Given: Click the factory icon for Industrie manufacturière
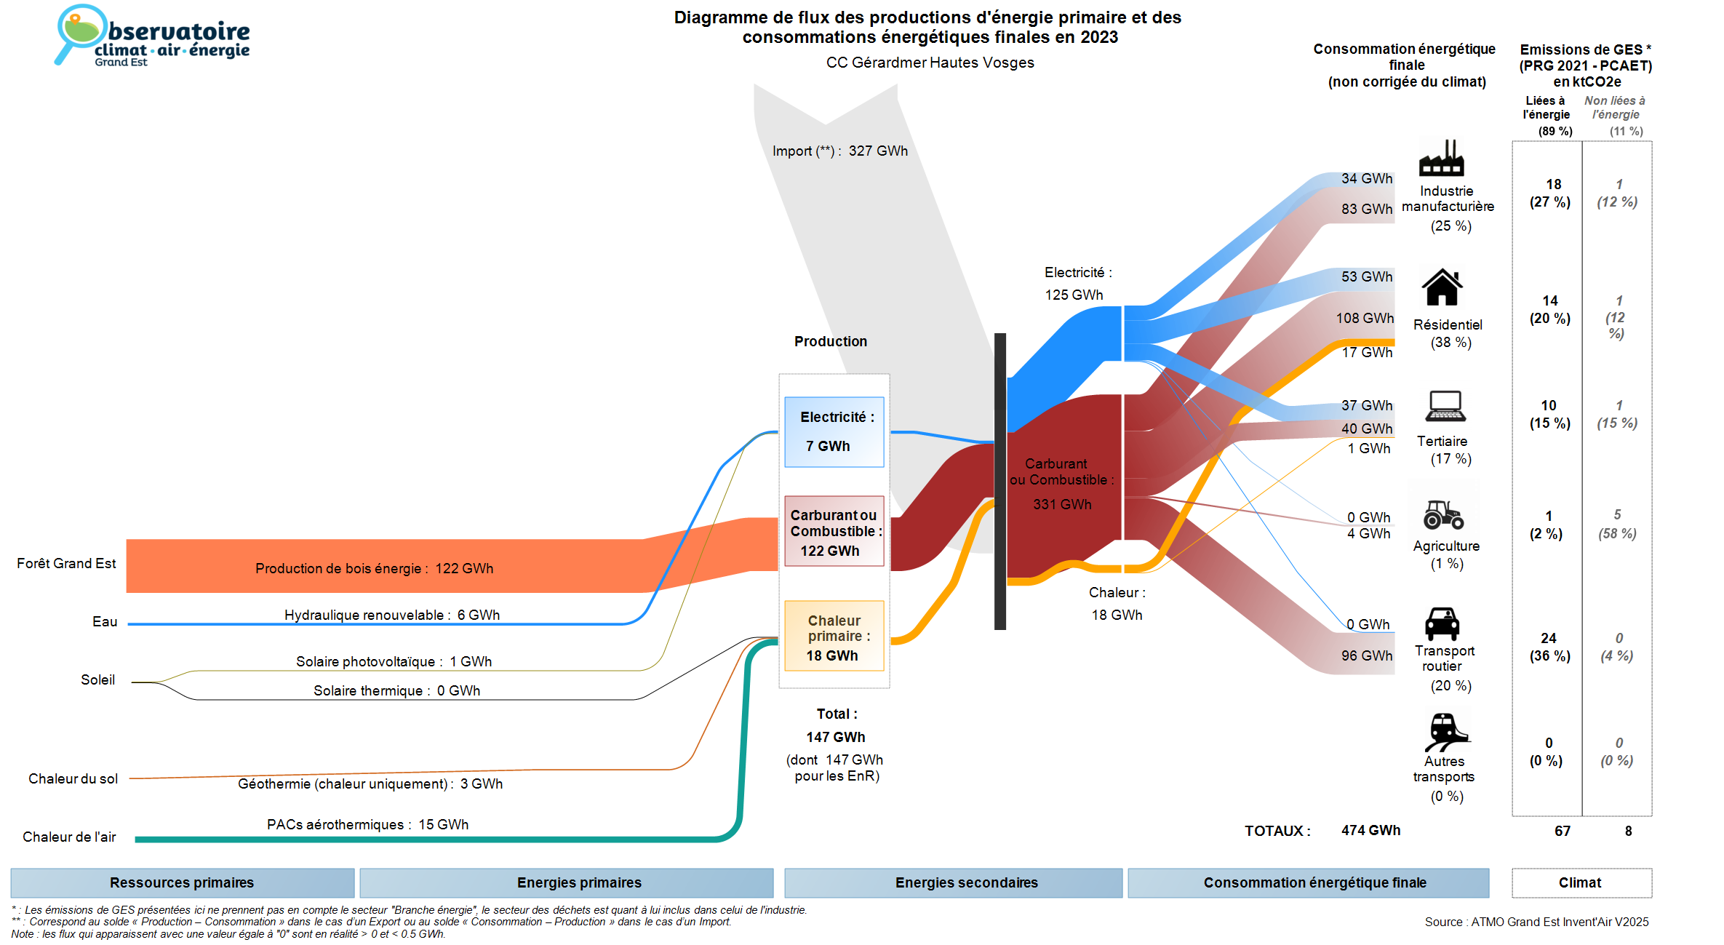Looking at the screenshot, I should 1441,158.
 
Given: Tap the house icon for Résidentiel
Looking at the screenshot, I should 1442,287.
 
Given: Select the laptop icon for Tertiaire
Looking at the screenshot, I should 1445,406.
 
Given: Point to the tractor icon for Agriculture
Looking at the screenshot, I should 1443,514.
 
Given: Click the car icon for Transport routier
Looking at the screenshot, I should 1442,623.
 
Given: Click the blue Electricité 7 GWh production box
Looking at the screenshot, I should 834,431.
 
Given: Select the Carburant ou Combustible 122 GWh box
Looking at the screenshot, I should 834,532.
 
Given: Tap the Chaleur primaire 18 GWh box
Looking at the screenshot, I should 834,637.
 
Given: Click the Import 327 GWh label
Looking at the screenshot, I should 840,151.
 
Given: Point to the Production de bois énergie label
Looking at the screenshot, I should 374,569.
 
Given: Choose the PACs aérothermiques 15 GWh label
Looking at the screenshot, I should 367,825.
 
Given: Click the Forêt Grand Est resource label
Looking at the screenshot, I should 66,564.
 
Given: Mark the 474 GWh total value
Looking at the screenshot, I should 1370,831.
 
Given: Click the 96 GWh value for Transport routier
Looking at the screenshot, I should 1367,656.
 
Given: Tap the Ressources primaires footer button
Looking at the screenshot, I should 182,883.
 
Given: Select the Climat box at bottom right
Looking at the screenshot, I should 1581,883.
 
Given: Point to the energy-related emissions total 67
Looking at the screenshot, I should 1563,832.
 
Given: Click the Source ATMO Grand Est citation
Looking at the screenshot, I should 1536,922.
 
